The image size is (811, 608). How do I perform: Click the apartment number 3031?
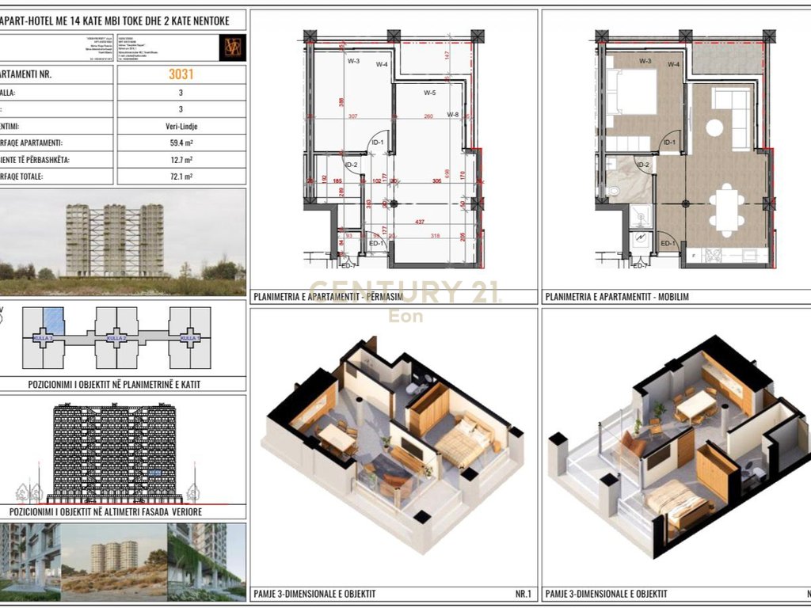181,75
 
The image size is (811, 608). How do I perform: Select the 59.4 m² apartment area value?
181,143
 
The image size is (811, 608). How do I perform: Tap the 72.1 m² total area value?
181,177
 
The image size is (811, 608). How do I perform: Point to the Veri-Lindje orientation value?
181,126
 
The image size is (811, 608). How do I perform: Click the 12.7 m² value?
181,160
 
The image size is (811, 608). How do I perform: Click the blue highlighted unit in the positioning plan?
52,321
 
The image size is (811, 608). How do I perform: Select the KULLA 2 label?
116,338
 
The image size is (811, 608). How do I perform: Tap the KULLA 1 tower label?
188,338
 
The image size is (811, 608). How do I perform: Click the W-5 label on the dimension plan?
429,93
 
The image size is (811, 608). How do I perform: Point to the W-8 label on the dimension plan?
453,115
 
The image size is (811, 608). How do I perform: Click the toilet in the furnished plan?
614,190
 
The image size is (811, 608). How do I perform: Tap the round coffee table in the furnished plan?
715,127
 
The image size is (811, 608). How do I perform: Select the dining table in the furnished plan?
726,208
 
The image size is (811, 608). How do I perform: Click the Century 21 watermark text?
404,293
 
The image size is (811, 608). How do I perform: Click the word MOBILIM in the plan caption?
672,298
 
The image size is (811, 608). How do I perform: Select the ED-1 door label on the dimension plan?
377,243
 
